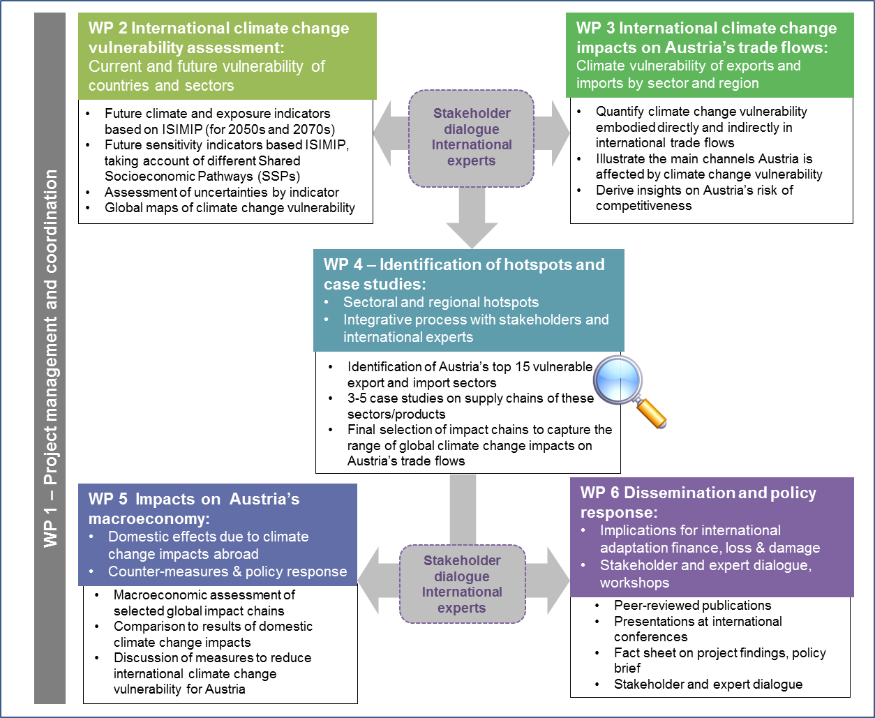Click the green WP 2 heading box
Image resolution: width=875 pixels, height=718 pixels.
[x=228, y=57]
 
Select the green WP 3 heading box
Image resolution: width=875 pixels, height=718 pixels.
[x=710, y=55]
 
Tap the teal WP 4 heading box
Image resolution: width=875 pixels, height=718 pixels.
[x=468, y=300]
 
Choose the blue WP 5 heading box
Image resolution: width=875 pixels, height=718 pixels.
[x=218, y=534]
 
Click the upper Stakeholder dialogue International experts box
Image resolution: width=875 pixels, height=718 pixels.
[x=472, y=137]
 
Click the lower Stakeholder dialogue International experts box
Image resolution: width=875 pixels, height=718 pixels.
[x=462, y=584]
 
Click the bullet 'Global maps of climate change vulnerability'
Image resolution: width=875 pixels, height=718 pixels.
[x=230, y=207]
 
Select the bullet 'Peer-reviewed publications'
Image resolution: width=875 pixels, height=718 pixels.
[x=692, y=605]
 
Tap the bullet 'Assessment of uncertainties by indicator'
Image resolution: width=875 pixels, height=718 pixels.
[x=222, y=192]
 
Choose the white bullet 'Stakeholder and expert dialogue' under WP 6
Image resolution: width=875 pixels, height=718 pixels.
[x=708, y=684]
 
